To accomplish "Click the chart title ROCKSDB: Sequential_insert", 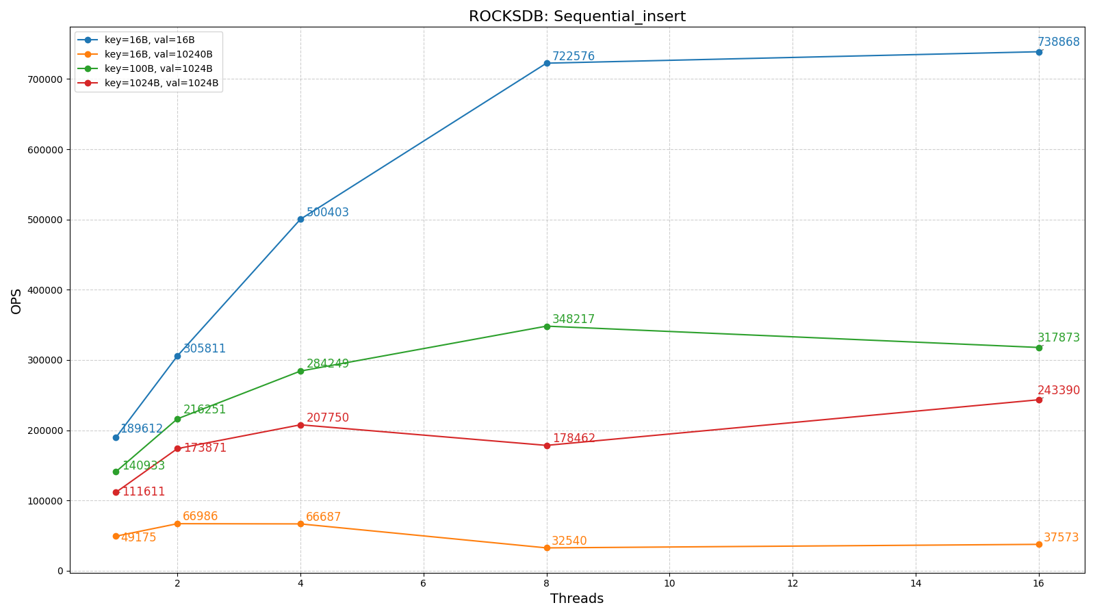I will click(x=577, y=16).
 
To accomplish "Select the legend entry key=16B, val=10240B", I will click(x=158, y=54).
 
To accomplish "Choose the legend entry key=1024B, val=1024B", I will click(x=161, y=83).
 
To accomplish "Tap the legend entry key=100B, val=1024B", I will click(x=158, y=68).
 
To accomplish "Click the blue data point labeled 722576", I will click(x=547, y=63).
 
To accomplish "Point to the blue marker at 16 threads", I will click(x=1039, y=52).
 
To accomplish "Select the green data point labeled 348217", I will click(x=547, y=326).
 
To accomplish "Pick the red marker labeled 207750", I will click(x=300, y=425).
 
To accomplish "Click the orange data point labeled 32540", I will click(x=547, y=548).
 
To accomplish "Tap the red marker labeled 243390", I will click(x=1039, y=400).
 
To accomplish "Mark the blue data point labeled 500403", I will click(x=300, y=219).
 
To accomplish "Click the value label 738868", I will click(x=1058, y=42).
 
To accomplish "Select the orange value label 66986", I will click(x=200, y=516).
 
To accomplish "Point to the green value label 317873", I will click(x=1058, y=337).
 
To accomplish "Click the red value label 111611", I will click(x=144, y=491).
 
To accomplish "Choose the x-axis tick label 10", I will click(x=669, y=583).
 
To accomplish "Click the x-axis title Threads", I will click(x=577, y=599).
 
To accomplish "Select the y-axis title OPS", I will click(x=16, y=300).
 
